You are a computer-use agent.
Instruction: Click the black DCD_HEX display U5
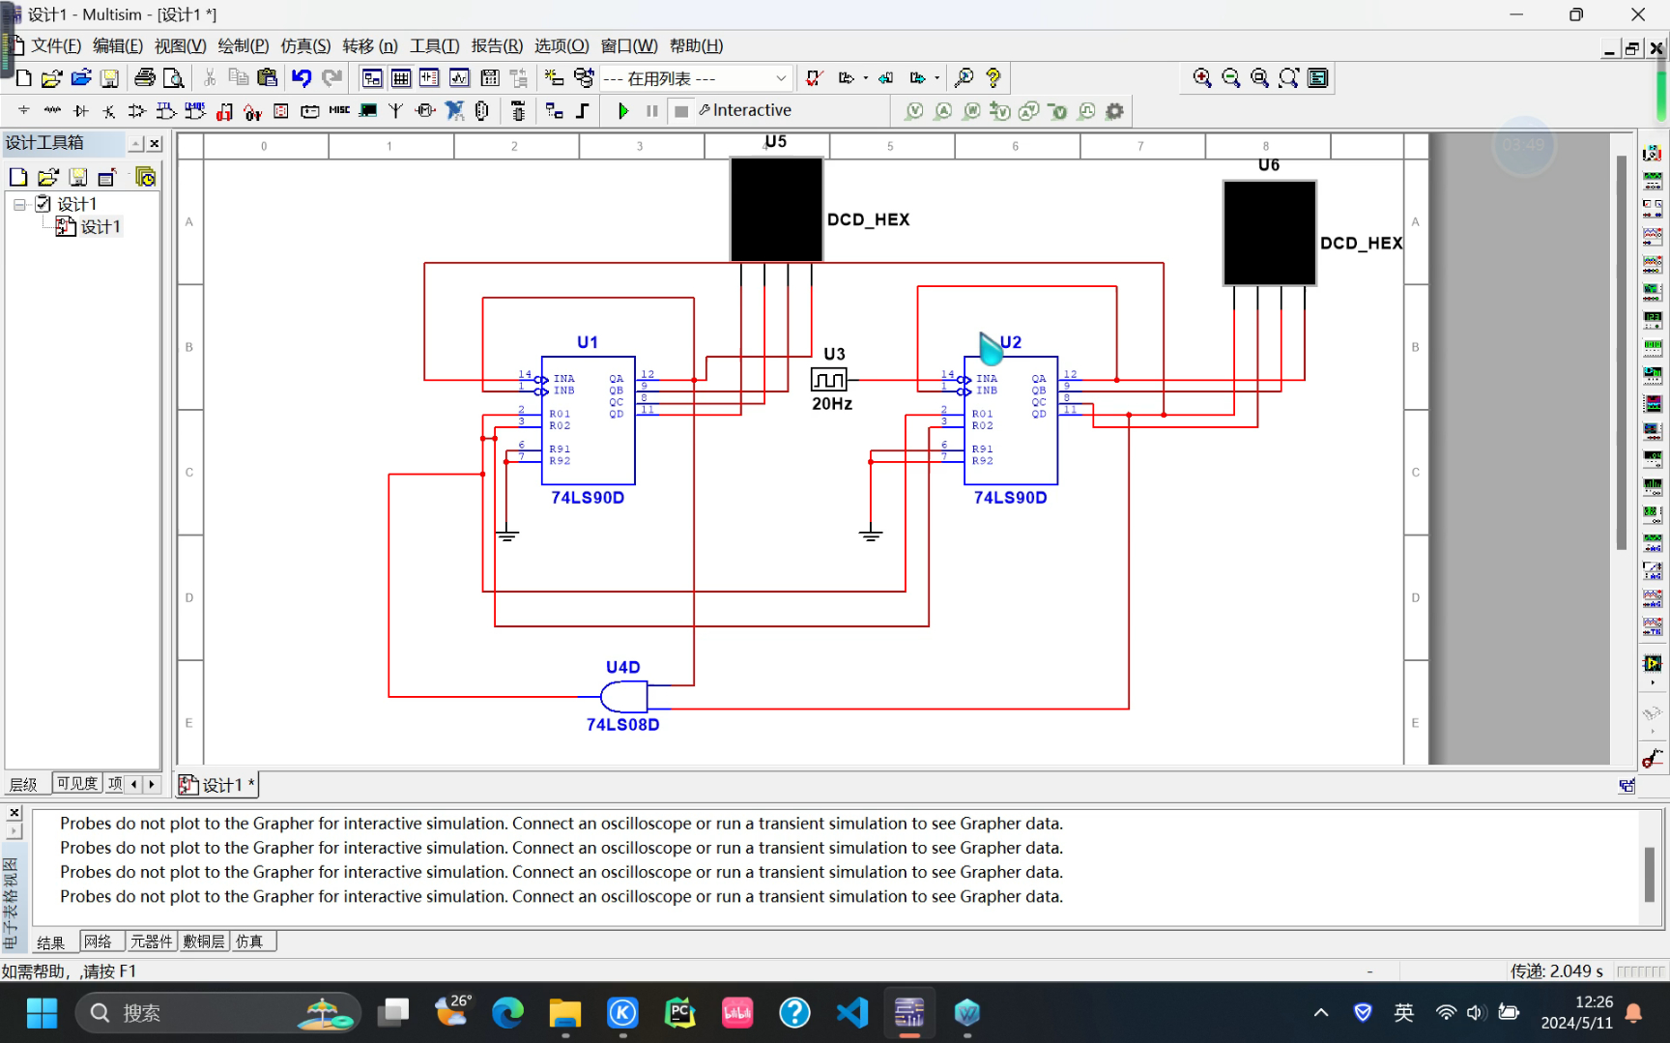click(x=776, y=210)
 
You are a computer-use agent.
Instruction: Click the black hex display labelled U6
click(x=1269, y=233)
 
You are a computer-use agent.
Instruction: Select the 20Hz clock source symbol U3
click(x=829, y=379)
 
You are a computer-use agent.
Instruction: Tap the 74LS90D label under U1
click(x=588, y=498)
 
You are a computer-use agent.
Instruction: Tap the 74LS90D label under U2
click(x=1010, y=498)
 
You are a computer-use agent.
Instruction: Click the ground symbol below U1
click(x=507, y=535)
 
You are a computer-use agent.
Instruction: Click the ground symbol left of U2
click(x=871, y=535)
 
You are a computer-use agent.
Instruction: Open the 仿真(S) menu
click(x=305, y=46)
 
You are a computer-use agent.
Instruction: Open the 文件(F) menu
click(x=56, y=46)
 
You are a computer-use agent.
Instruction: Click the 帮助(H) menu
click(x=696, y=46)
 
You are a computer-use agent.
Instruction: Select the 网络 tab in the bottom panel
click(x=98, y=942)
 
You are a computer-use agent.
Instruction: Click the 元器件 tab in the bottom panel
click(x=152, y=942)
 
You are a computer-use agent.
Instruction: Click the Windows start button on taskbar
click(x=42, y=1013)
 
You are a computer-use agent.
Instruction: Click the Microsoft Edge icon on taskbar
click(x=507, y=1013)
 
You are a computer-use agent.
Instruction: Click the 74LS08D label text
click(x=623, y=725)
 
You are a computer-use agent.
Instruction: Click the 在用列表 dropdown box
click(x=695, y=78)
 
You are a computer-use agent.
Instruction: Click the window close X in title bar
click(x=1638, y=14)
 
